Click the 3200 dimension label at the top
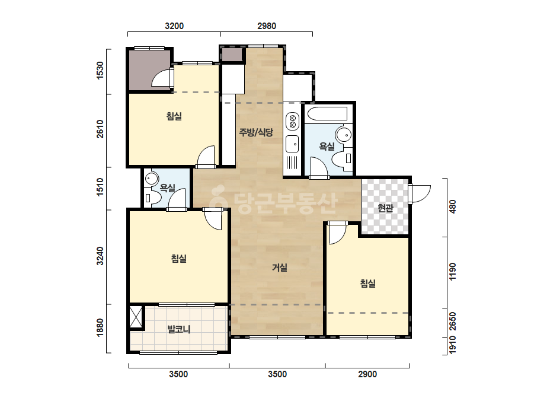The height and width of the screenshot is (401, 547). coord(174,26)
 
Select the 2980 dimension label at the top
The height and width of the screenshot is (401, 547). coord(267,26)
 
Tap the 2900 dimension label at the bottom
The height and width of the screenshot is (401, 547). coord(367,374)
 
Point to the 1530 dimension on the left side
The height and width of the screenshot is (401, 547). coord(100,71)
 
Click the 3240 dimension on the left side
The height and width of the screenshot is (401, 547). coord(100,256)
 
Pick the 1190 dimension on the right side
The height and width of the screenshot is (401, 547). coord(452,272)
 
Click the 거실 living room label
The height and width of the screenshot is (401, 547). coord(280,268)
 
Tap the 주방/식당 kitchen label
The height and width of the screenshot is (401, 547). coord(256,132)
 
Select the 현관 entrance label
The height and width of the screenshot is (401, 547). coord(385,208)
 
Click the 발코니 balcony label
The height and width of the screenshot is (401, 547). coord(179,329)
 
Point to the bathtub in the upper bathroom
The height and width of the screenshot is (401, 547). coord(328,114)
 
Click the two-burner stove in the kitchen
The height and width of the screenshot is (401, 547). coord(292,120)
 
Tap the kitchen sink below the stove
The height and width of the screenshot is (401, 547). coord(292,144)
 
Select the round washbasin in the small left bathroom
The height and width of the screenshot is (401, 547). coord(151,179)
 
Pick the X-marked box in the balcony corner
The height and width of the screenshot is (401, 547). coord(136,317)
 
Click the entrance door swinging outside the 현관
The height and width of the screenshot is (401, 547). coord(420,193)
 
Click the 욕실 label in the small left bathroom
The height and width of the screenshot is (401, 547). coord(167,188)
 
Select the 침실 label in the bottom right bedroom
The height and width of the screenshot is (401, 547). coord(367,283)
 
